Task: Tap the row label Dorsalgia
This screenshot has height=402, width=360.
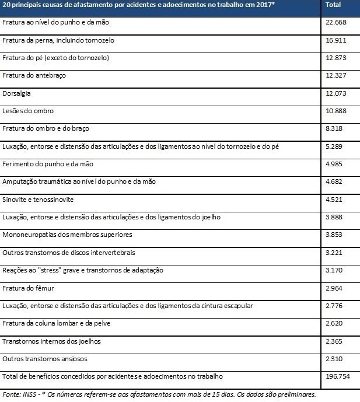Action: pyautogui.click(x=16, y=93)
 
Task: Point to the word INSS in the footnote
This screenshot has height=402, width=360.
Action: pyautogui.click(x=28, y=394)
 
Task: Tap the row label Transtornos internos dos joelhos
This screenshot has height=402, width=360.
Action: pyautogui.click(x=48, y=341)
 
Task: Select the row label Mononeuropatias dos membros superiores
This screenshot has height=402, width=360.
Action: pyautogui.click(x=67, y=235)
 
